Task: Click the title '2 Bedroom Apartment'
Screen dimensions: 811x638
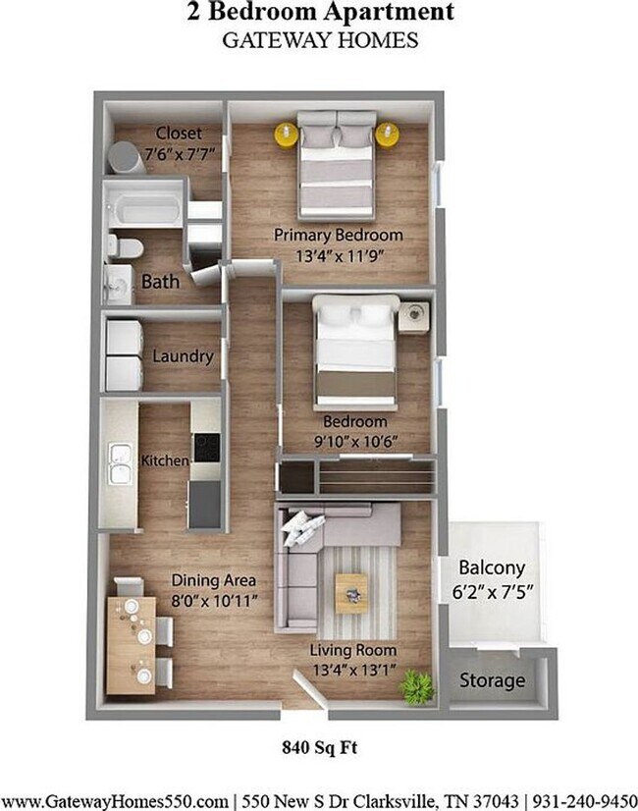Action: pos(319,14)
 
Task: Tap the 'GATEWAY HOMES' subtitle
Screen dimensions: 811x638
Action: pos(319,40)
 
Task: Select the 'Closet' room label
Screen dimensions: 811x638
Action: pos(178,133)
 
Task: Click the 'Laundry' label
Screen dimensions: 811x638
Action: pos(183,356)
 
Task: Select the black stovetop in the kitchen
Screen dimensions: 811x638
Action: pos(207,449)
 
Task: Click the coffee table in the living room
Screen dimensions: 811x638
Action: pos(351,592)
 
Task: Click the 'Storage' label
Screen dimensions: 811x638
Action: pos(492,680)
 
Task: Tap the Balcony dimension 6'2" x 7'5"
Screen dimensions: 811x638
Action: pos(492,592)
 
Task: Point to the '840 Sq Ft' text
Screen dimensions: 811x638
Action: pos(318,747)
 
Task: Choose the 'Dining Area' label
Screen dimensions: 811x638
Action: pos(214,579)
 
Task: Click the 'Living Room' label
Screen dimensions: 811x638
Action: pos(353,650)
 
